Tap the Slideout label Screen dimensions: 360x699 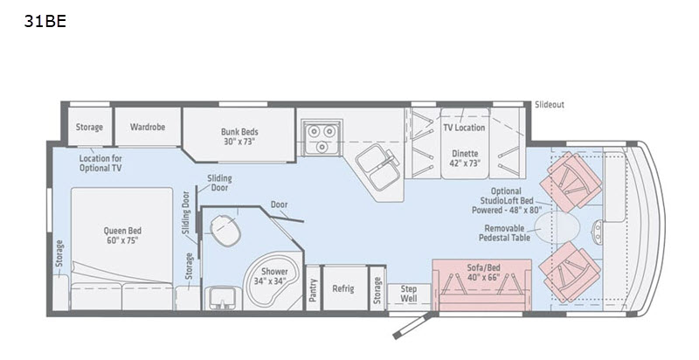pos(549,105)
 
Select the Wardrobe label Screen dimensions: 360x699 pos(148,127)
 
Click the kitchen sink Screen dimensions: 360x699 pos(377,164)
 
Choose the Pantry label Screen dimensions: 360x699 pos(312,289)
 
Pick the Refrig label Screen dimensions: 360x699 pos(343,289)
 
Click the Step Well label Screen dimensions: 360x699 pos(409,294)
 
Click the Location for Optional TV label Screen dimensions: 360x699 pos(100,163)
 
